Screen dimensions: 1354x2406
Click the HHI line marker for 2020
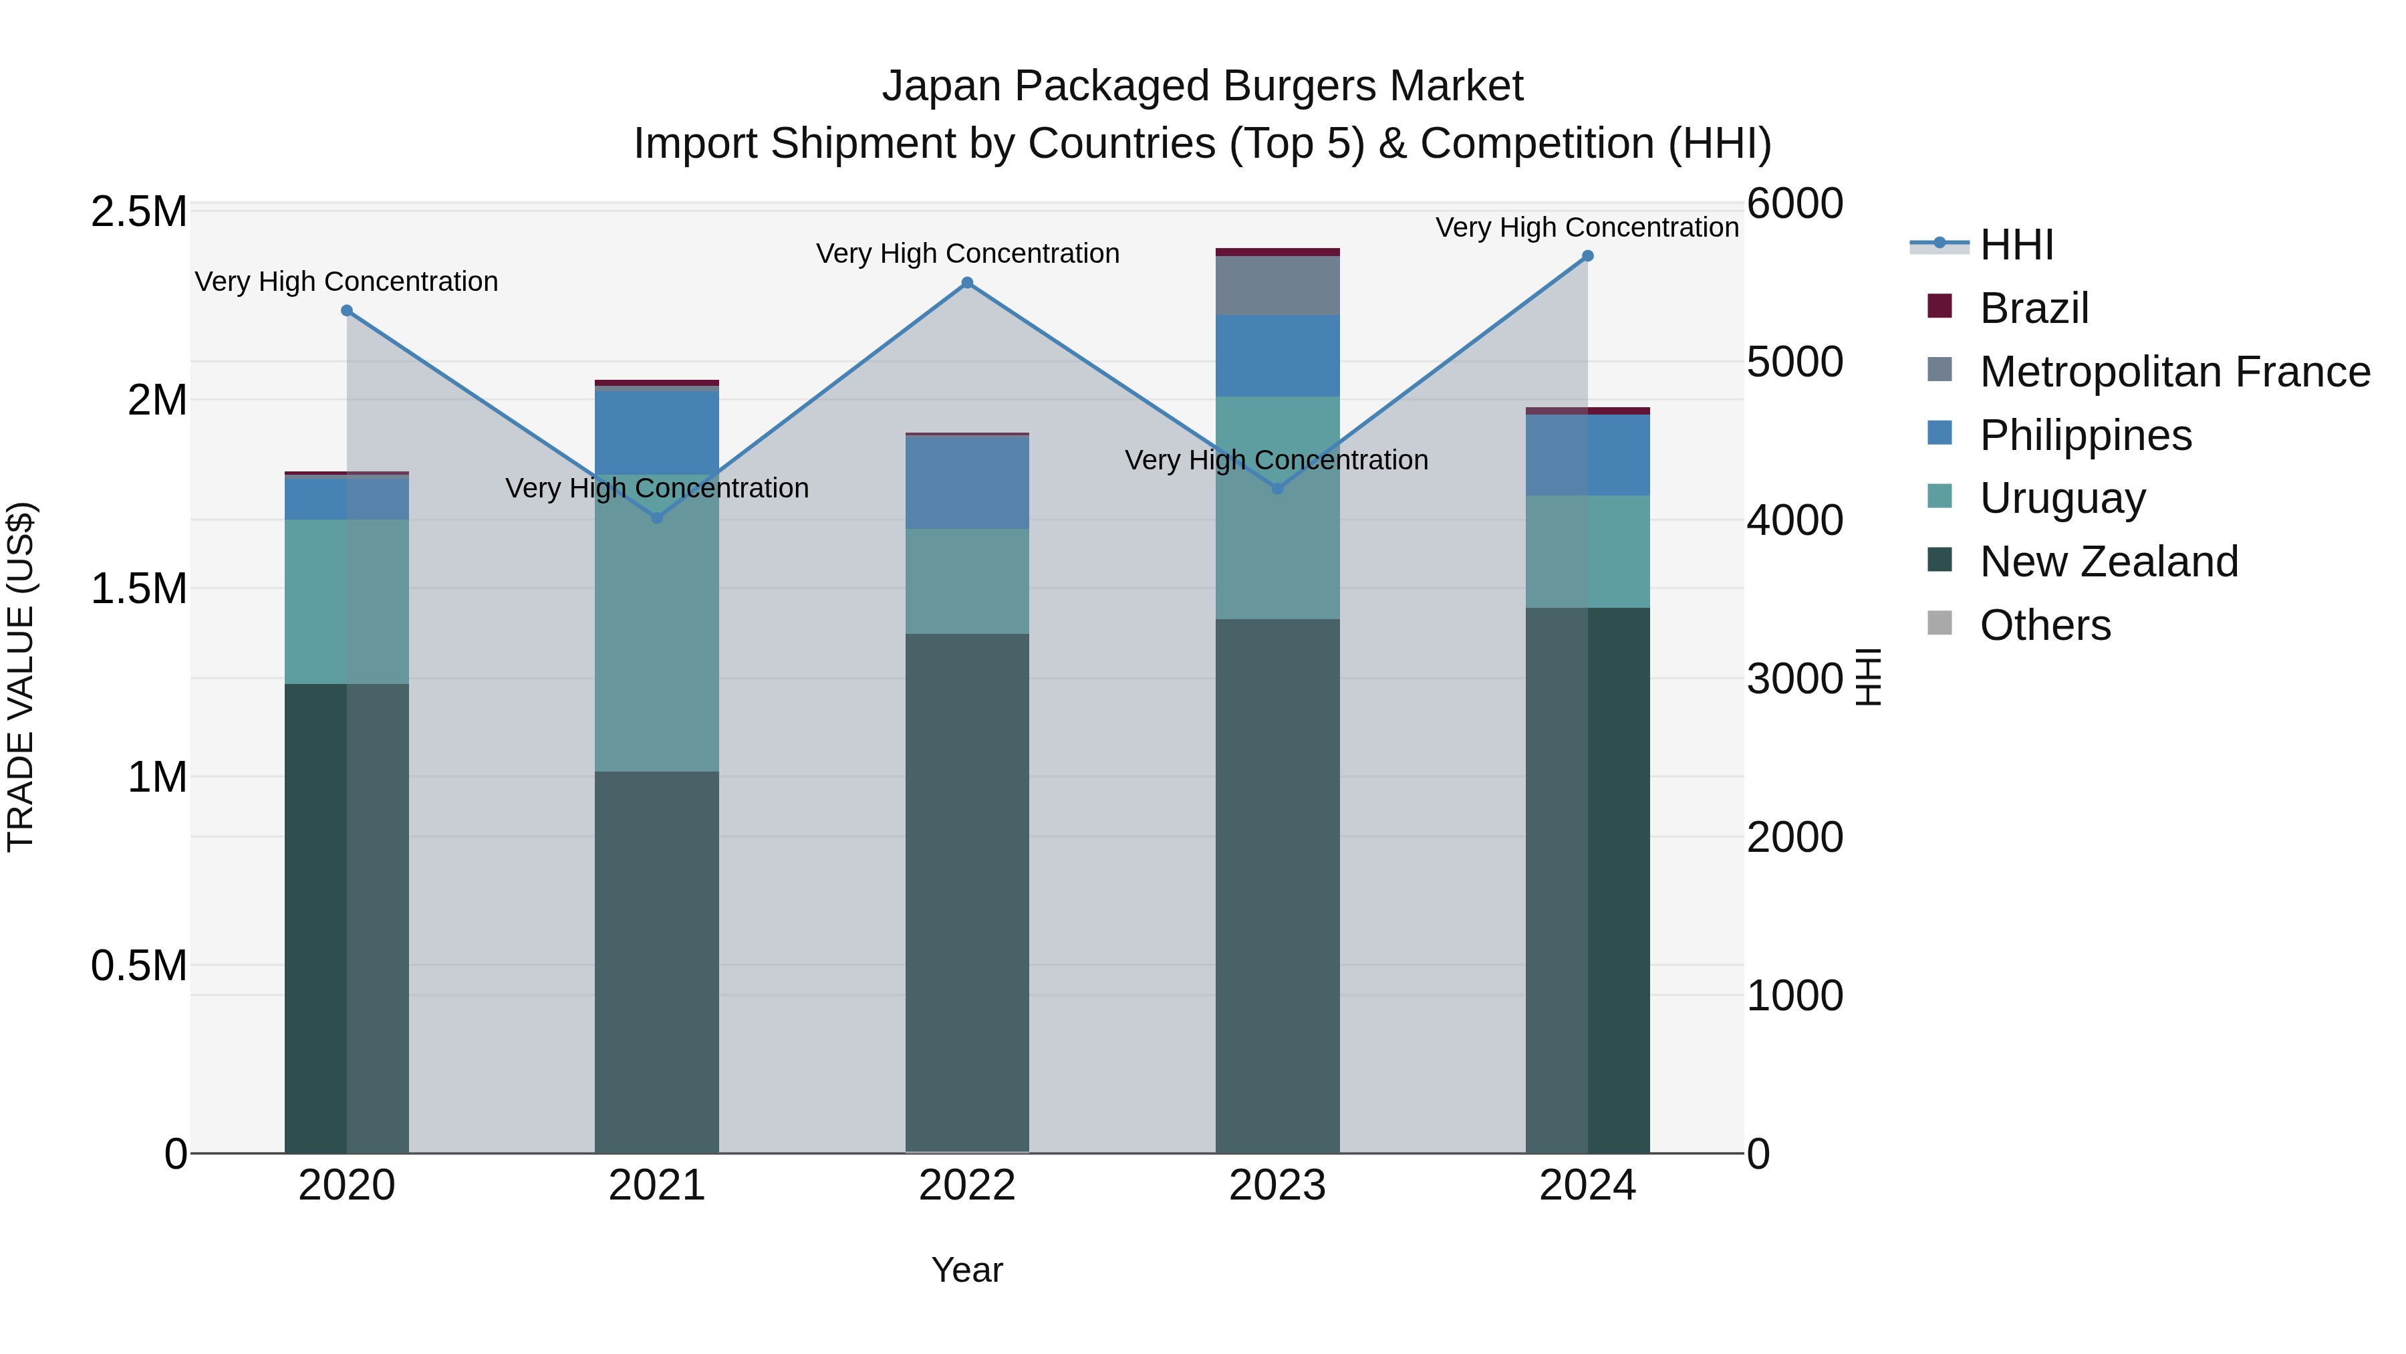click(346, 310)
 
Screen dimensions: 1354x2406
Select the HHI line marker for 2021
click(656, 518)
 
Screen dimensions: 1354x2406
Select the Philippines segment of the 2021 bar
click(656, 432)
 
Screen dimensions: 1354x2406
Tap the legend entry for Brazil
click(2032, 308)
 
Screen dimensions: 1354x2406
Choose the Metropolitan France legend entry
click(2174, 372)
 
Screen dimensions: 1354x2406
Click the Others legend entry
click(2044, 625)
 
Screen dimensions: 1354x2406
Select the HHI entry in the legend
click(2016, 245)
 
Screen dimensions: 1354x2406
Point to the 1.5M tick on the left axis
click(138, 588)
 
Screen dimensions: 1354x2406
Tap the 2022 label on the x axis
click(966, 1186)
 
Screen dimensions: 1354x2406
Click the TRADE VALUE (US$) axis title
click(21, 677)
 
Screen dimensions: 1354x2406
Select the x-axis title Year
click(966, 1270)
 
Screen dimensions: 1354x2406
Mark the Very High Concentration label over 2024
click(1586, 227)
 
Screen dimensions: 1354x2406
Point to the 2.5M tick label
click(138, 212)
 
